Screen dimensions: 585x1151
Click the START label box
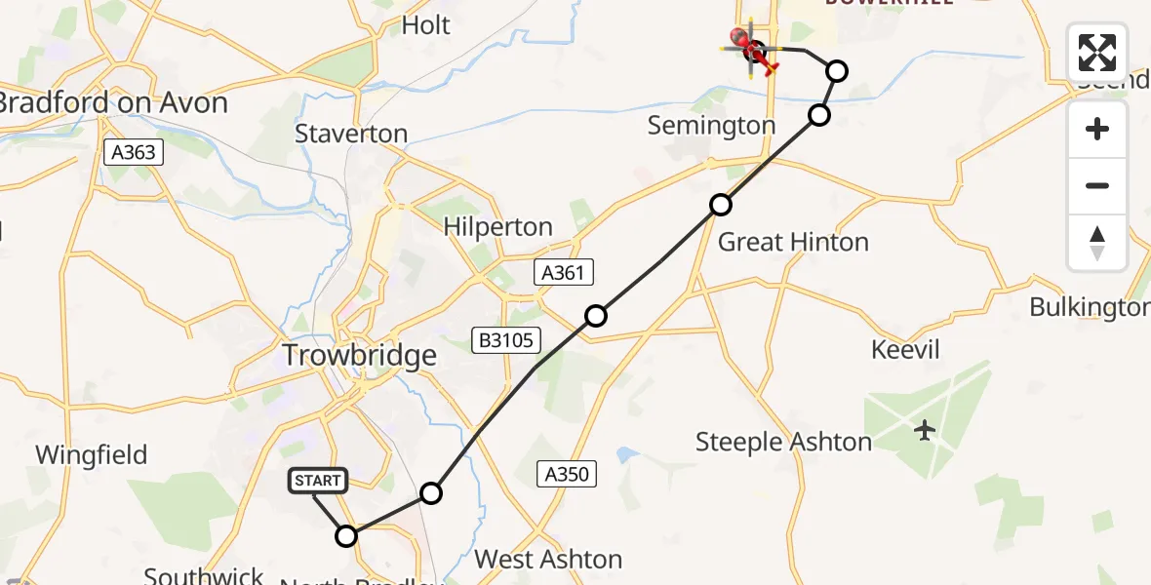318,481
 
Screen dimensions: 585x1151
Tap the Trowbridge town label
359,356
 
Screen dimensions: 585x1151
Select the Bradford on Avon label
113,102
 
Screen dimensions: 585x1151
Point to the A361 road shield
564,272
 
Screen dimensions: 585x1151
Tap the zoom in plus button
1097,129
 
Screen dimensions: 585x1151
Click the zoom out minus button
1097,185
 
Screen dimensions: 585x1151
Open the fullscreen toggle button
1097,53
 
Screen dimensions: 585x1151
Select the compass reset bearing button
1097,242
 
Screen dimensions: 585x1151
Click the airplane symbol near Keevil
925,429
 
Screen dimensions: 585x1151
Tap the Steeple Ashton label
783,442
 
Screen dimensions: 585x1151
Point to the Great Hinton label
793,242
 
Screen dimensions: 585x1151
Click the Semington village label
712,125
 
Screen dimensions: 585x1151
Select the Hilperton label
497,227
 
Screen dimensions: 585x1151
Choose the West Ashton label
548,560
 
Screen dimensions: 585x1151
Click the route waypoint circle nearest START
346,535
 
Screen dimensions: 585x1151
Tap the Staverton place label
351,134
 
